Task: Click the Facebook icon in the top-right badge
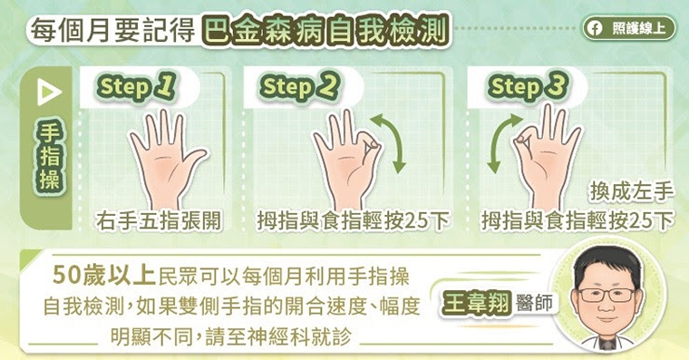[595, 28]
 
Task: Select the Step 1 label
[136, 87]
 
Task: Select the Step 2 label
[300, 87]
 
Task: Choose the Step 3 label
[527, 87]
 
